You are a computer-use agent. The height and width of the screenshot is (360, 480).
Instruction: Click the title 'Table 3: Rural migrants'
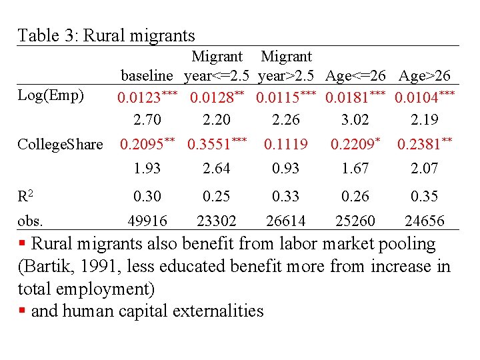point(106,35)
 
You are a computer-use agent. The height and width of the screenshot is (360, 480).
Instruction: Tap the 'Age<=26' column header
point(355,75)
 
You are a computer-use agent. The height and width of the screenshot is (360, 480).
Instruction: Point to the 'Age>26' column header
point(425,75)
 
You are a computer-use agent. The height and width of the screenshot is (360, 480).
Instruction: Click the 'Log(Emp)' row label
point(51,95)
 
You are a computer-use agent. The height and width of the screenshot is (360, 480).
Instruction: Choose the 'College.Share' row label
point(60,144)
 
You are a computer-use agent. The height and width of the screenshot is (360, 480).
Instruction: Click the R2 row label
point(26,196)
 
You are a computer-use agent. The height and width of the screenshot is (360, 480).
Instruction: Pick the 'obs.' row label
point(31,221)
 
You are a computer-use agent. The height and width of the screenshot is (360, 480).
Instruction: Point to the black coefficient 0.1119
point(285,144)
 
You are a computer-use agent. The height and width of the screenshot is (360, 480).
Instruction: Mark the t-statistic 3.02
point(355,120)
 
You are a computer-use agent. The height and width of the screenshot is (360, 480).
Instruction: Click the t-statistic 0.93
point(285,169)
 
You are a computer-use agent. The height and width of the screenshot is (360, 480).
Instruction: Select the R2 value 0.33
point(285,196)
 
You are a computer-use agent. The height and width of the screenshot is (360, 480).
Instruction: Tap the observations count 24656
point(424,221)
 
